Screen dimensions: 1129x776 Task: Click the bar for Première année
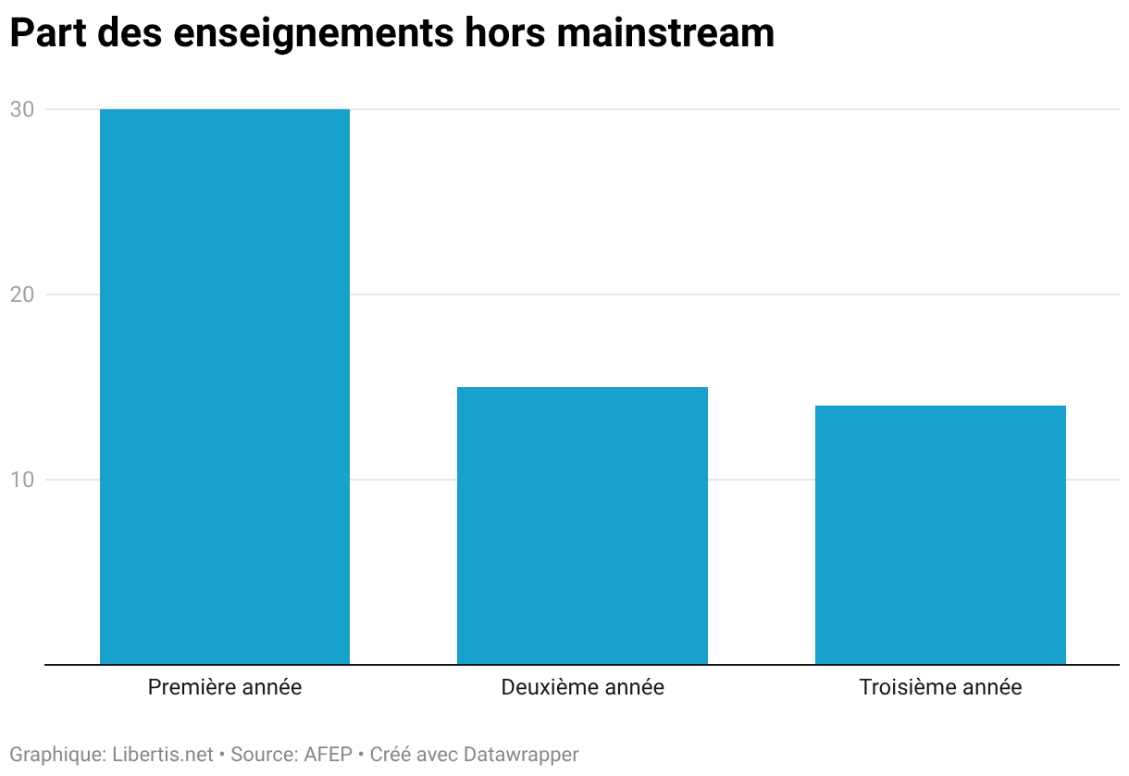click(225, 387)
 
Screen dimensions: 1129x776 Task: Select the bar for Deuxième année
click(582, 526)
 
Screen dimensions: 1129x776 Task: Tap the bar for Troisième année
click(940, 535)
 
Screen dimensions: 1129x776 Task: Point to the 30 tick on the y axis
click(22, 109)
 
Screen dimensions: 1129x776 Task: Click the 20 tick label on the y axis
click(22, 294)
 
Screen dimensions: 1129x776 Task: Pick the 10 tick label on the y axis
click(22, 480)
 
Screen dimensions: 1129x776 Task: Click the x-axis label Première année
click(225, 687)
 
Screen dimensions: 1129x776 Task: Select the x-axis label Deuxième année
click(583, 687)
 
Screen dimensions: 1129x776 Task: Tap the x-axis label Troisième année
click(940, 687)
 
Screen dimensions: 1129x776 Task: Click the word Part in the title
click(48, 33)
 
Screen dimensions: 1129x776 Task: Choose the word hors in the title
click(504, 33)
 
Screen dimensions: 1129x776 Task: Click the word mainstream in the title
click(665, 33)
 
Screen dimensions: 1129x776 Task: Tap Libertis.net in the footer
click(163, 755)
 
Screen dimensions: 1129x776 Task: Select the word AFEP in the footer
click(329, 755)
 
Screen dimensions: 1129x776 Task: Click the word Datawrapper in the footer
click(521, 756)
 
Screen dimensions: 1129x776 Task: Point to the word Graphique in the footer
click(58, 756)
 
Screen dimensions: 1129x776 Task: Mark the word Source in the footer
click(265, 755)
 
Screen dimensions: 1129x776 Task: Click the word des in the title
click(130, 33)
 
